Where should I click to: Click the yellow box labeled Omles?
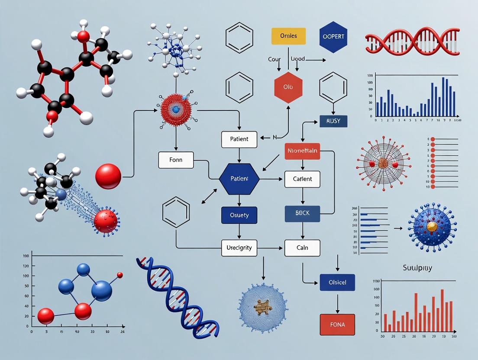point(288,36)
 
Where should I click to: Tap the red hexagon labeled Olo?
point(288,87)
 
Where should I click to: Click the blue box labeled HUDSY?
point(333,121)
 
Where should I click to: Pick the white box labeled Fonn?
point(176,160)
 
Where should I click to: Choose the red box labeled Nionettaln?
point(302,151)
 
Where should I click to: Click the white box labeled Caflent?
point(302,179)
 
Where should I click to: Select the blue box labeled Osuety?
point(239,215)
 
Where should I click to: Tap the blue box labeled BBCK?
point(302,214)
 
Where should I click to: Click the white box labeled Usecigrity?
point(239,248)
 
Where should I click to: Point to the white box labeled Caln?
point(302,248)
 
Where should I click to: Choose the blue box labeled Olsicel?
point(337,282)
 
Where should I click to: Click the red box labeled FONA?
point(337,324)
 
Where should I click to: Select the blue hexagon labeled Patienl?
point(239,179)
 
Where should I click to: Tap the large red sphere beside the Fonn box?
point(108,176)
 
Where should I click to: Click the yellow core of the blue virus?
point(432,226)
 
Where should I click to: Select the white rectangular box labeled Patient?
point(239,139)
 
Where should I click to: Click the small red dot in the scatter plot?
point(120,275)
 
